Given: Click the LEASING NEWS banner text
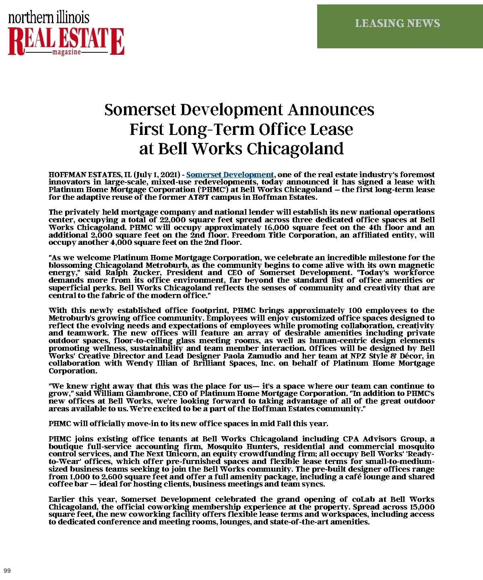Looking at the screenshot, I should point(397,23).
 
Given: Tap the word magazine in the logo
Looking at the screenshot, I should point(67,52).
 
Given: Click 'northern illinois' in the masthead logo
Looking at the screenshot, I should point(49,17).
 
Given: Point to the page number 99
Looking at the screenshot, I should point(7,570).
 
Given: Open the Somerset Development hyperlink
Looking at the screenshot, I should point(230,175).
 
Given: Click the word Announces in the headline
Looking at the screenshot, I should point(331,110).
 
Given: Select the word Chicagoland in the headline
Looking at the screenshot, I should point(295,149).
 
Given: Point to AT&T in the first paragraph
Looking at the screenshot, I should point(199,197).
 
